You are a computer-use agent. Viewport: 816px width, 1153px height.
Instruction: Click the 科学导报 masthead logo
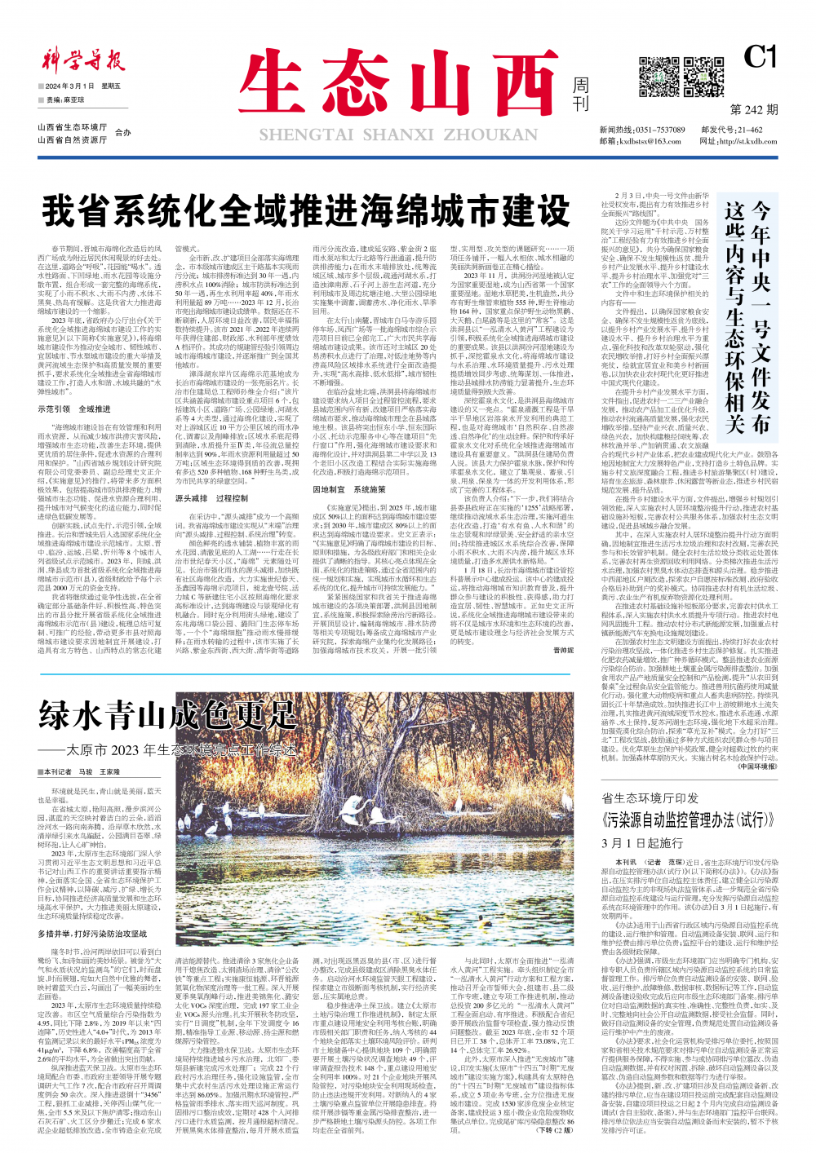[x=82, y=60]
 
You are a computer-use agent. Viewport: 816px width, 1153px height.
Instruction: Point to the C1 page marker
[x=760, y=56]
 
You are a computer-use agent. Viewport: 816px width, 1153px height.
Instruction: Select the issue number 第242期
[x=753, y=109]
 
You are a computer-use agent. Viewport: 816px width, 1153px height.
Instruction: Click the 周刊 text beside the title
[x=580, y=95]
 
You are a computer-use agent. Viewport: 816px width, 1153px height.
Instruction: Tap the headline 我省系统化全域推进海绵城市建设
[x=306, y=211]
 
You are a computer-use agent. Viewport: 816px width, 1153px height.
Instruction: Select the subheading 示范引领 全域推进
[x=74, y=409]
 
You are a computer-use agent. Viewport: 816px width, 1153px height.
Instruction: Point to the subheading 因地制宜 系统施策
[x=349, y=490]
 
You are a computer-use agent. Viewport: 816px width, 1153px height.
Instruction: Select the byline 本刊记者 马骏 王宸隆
[x=81, y=772]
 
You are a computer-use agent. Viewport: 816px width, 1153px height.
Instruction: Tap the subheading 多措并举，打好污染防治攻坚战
[x=92, y=934]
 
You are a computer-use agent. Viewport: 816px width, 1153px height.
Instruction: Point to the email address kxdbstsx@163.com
[x=646, y=141]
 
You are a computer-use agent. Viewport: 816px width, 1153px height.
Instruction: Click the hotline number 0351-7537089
[x=660, y=130]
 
